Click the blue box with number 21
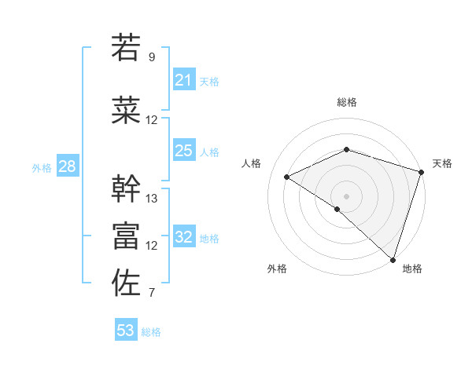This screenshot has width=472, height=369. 184,81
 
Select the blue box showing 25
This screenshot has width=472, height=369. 184,152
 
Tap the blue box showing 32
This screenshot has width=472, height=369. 184,238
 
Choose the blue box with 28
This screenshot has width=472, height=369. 67,167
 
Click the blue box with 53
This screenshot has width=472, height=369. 126,331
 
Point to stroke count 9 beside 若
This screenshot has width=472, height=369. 152,57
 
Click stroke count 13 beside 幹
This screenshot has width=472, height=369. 152,199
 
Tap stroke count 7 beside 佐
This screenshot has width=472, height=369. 152,294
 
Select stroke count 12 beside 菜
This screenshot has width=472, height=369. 152,120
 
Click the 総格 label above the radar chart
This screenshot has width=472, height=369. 346,102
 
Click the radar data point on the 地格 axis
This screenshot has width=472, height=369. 393,259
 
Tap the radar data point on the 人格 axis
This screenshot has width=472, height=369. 287,177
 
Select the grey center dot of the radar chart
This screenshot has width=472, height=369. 346,195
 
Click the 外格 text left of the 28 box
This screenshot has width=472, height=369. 41,168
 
